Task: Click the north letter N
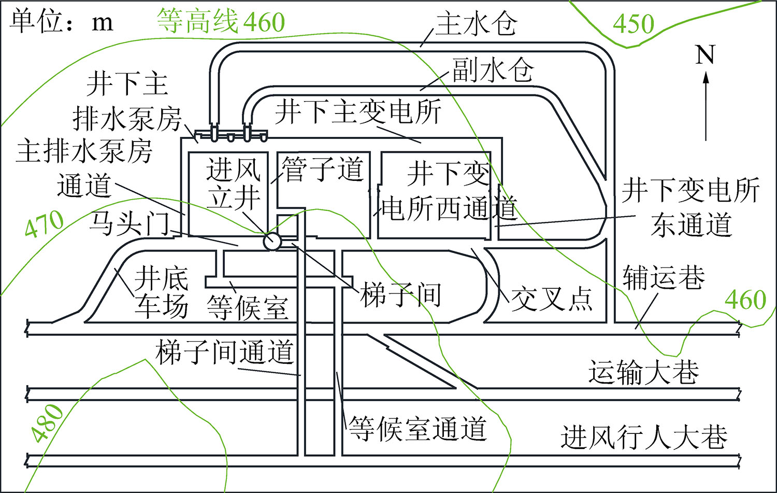(705, 54)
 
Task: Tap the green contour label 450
(634, 23)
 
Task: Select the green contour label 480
(47, 422)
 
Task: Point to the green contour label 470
(45, 224)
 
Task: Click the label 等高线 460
(221, 21)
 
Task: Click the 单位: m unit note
(61, 21)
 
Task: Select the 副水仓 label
(493, 69)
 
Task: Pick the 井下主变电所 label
(358, 111)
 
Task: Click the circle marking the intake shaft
(272, 241)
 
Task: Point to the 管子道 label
(323, 169)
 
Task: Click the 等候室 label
(247, 308)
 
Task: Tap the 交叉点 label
(552, 299)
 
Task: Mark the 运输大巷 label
(643, 372)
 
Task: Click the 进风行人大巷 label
(644, 436)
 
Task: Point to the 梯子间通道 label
(225, 353)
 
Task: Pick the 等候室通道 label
(418, 428)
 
